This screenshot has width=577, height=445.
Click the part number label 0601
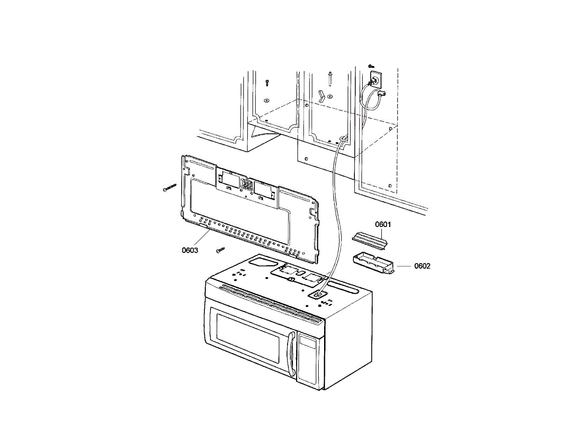(383, 224)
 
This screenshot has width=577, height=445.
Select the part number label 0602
(422, 266)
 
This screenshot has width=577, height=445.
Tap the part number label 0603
(190, 250)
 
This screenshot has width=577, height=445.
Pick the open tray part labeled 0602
(373, 264)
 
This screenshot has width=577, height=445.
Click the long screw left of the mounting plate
(170, 188)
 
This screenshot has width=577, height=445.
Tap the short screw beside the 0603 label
(220, 249)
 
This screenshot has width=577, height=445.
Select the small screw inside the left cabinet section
(267, 83)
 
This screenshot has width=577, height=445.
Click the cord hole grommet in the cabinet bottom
(343, 139)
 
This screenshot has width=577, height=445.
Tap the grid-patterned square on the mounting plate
(247, 185)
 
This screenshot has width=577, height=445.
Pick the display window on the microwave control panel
(308, 342)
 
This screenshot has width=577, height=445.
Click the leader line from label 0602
(404, 266)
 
